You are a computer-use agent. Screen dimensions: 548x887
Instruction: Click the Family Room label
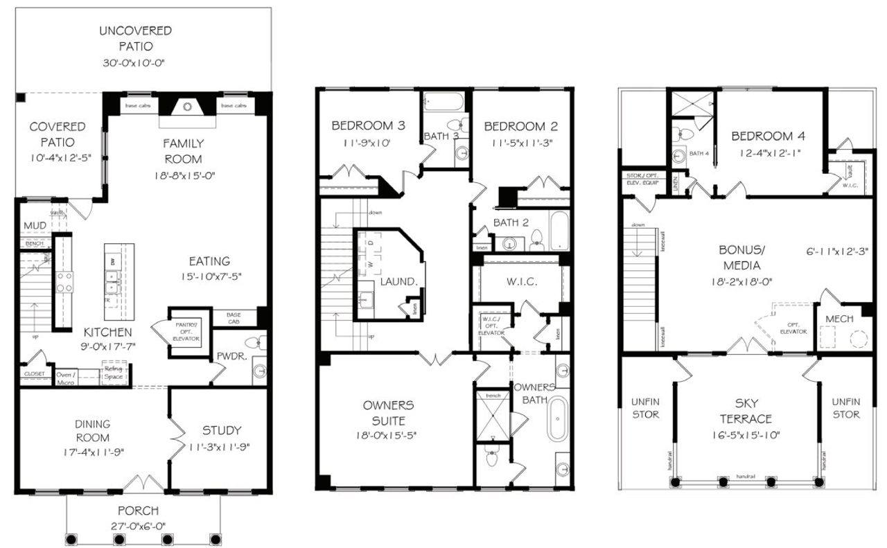pyautogui.click(x=183, y=151)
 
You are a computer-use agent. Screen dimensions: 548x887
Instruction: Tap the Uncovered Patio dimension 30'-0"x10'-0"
pyautogui.click(x=135, y=63)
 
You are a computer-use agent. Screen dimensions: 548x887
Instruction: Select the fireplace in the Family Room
pyautogui.click(x=186, y=107)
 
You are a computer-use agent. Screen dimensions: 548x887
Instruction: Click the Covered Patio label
pyautogui.click(x=58, y=134)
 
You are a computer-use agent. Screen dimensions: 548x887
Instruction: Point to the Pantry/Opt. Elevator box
pyautogui.click(x=186, y=332)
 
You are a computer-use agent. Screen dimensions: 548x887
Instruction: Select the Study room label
pyautogui.click(x=222, y=430)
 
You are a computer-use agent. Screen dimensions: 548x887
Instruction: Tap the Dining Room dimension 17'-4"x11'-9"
pyautogui.click(x=92, y=451)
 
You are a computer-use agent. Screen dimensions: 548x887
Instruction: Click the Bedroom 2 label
pyautogui.click(x=520, y=126)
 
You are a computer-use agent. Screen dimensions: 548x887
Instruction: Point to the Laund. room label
pyautogui.click(x=398, y=282)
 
